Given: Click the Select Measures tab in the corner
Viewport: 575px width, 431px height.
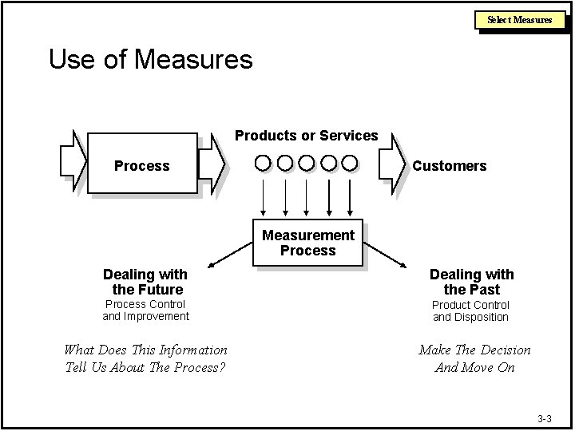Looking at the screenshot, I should click(520, 19).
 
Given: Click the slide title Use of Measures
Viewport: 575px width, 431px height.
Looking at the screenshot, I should click(150, 59).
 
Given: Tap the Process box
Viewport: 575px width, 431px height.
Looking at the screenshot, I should click(141, 165).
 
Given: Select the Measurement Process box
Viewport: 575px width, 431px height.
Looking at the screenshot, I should click(307, 242).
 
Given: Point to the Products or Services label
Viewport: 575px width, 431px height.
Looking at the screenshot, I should click(306, 136).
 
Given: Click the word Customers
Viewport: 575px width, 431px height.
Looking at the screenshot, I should click(449, 166).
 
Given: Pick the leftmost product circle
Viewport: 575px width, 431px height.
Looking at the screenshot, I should click(263, 164).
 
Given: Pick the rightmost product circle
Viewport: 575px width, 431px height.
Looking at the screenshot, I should click(349, 164).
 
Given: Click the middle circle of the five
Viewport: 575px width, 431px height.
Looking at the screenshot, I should click(306, 164).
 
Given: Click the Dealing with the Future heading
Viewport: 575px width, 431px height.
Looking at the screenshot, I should click(145, 282).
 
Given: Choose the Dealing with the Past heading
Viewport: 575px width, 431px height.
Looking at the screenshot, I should click(471, 282).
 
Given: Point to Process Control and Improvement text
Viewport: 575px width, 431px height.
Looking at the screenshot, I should click(145, 310).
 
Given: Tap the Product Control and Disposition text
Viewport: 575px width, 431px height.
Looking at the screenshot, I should click(470, 310).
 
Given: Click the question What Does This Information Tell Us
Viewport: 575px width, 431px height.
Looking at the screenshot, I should click(145, 358).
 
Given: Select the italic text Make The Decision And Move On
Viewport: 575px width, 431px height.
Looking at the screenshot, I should click(474, 358).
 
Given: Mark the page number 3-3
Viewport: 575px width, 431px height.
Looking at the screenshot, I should click(545, 418).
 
